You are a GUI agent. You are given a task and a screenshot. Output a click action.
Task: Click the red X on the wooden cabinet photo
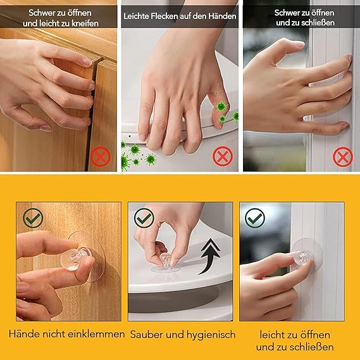point(101,156)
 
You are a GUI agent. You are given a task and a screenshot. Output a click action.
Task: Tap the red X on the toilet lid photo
point(223,156)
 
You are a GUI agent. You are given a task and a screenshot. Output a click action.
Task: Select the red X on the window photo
point(343,157)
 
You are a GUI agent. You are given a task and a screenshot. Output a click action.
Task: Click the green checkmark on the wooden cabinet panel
point(33,218)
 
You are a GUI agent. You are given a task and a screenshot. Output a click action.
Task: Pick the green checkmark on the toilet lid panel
point(144,218)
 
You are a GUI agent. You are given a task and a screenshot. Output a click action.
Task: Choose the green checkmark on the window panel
point(255,218)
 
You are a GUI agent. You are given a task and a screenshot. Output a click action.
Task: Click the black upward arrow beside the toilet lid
point(209,256)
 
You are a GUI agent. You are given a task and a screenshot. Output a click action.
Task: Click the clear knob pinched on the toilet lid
point(165,260)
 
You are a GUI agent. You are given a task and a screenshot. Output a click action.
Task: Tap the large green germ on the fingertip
point(221,106)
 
